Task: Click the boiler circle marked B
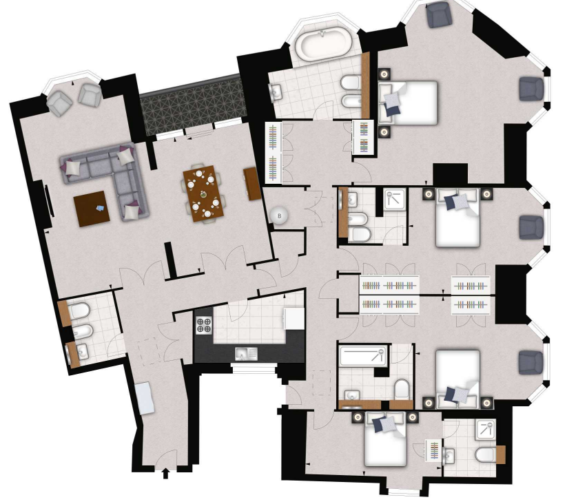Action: click(x=280, y=216)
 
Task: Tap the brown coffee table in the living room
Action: click(x=92, y=209)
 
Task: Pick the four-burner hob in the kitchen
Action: click(x=205, y=324)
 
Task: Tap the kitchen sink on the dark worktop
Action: click(x=245, y=353)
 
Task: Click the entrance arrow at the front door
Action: click(x=165, y=474)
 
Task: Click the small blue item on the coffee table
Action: click(x=101, y=208)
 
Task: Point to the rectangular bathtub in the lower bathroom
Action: click(x=362, y=357)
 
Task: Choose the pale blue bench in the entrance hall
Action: click(x=145, y=398)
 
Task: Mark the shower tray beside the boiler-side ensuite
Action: click(x=395, y=200)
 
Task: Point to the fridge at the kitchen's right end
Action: click(x=294, y=318)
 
